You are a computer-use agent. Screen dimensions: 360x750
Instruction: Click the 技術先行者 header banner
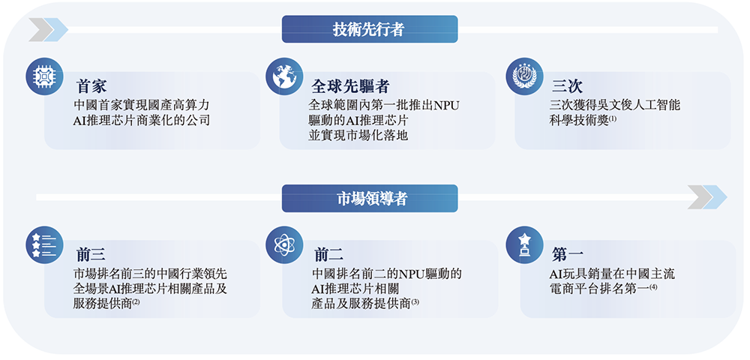(369, 29)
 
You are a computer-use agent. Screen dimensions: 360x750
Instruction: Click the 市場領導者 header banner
(369, 199)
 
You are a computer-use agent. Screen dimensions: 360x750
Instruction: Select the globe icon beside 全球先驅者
(284, 76)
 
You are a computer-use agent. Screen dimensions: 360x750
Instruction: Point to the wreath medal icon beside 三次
(524, 76)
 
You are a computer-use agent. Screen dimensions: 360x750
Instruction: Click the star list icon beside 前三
(43, 245)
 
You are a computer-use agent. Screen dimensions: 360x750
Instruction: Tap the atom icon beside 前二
(284, 245)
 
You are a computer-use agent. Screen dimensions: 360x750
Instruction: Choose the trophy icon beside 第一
(524, 245)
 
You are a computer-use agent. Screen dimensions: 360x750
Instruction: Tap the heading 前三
(91, 255)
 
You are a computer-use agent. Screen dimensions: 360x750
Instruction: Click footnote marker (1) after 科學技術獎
(612, 118)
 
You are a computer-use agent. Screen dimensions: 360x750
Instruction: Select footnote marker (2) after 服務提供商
(136, 301)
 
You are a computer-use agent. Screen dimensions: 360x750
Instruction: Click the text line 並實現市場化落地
(358, 135)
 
